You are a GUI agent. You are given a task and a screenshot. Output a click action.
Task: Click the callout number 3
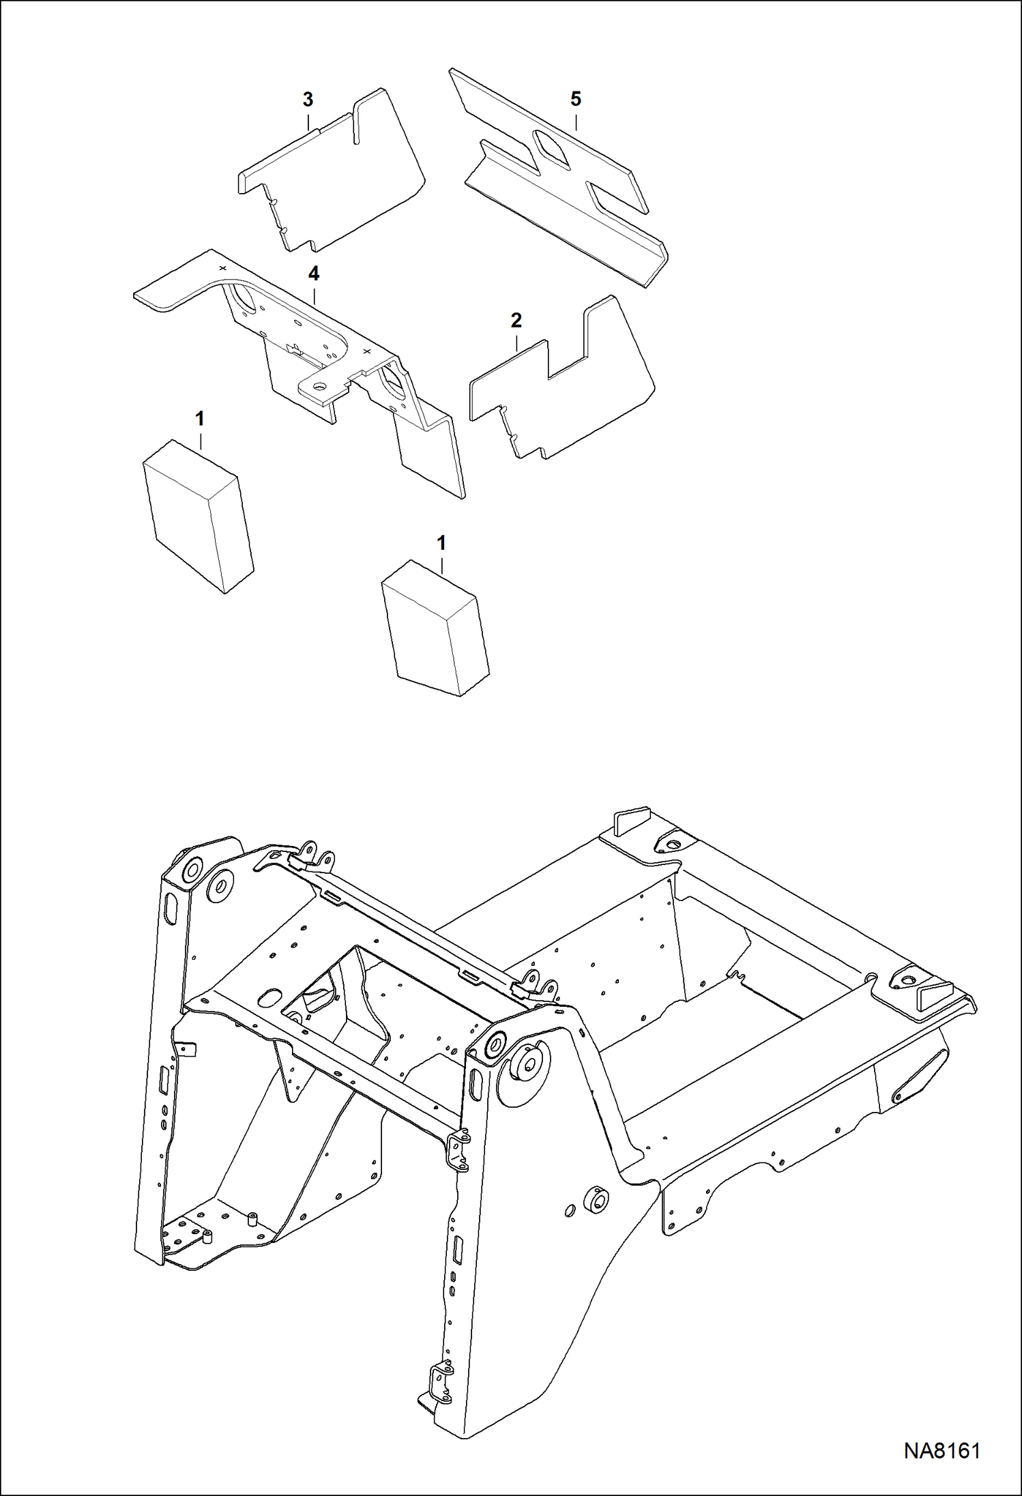(x=308, y=100)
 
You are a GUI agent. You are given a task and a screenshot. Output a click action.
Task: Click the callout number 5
(x=576, y=100)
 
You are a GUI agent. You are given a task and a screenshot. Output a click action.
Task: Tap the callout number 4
(x=313, y=274)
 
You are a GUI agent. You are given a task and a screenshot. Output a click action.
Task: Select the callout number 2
(x=516, y=320)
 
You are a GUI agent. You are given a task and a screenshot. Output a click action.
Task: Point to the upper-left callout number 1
(x=200, y=419)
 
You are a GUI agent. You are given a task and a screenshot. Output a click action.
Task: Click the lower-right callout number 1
(x=441, y=544)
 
